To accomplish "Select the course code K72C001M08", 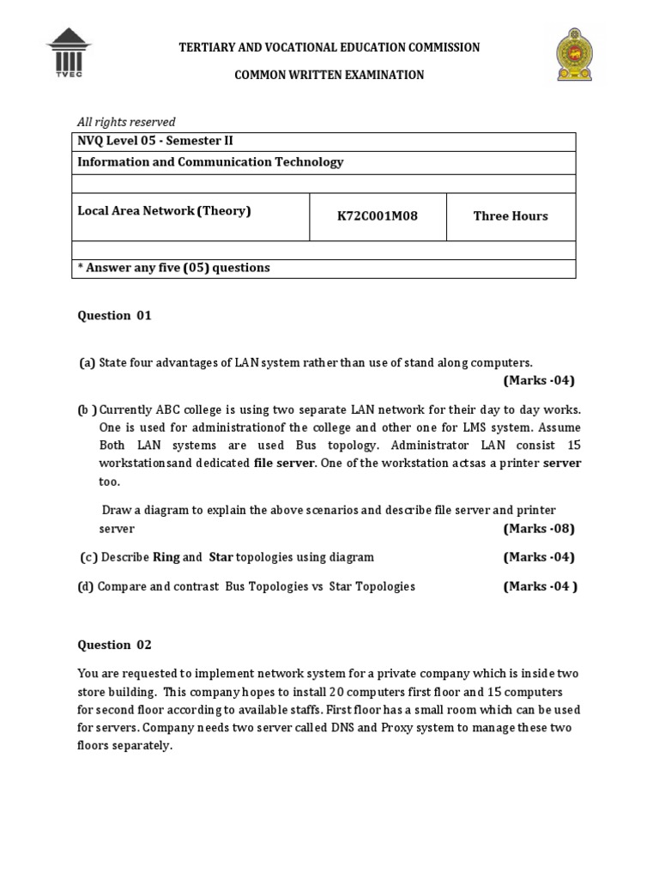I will tap(378, 216).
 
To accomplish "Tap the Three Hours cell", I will tap(511, 216).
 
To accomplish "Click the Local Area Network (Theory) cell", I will tap(164, 211).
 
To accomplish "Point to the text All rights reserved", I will tap(126, 122).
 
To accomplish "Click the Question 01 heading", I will tap(114, 315).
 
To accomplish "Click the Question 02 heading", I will tap(114, 645).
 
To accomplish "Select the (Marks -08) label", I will tap(539, 528).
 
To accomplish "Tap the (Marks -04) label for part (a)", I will tap(539, 380).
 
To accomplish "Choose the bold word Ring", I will tap(166, 557).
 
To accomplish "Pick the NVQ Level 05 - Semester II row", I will tap(155, 142).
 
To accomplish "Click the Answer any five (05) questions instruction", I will tap(173, 268).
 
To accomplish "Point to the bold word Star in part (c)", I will tap(221, 557).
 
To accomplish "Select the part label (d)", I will tap(86, 586).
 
